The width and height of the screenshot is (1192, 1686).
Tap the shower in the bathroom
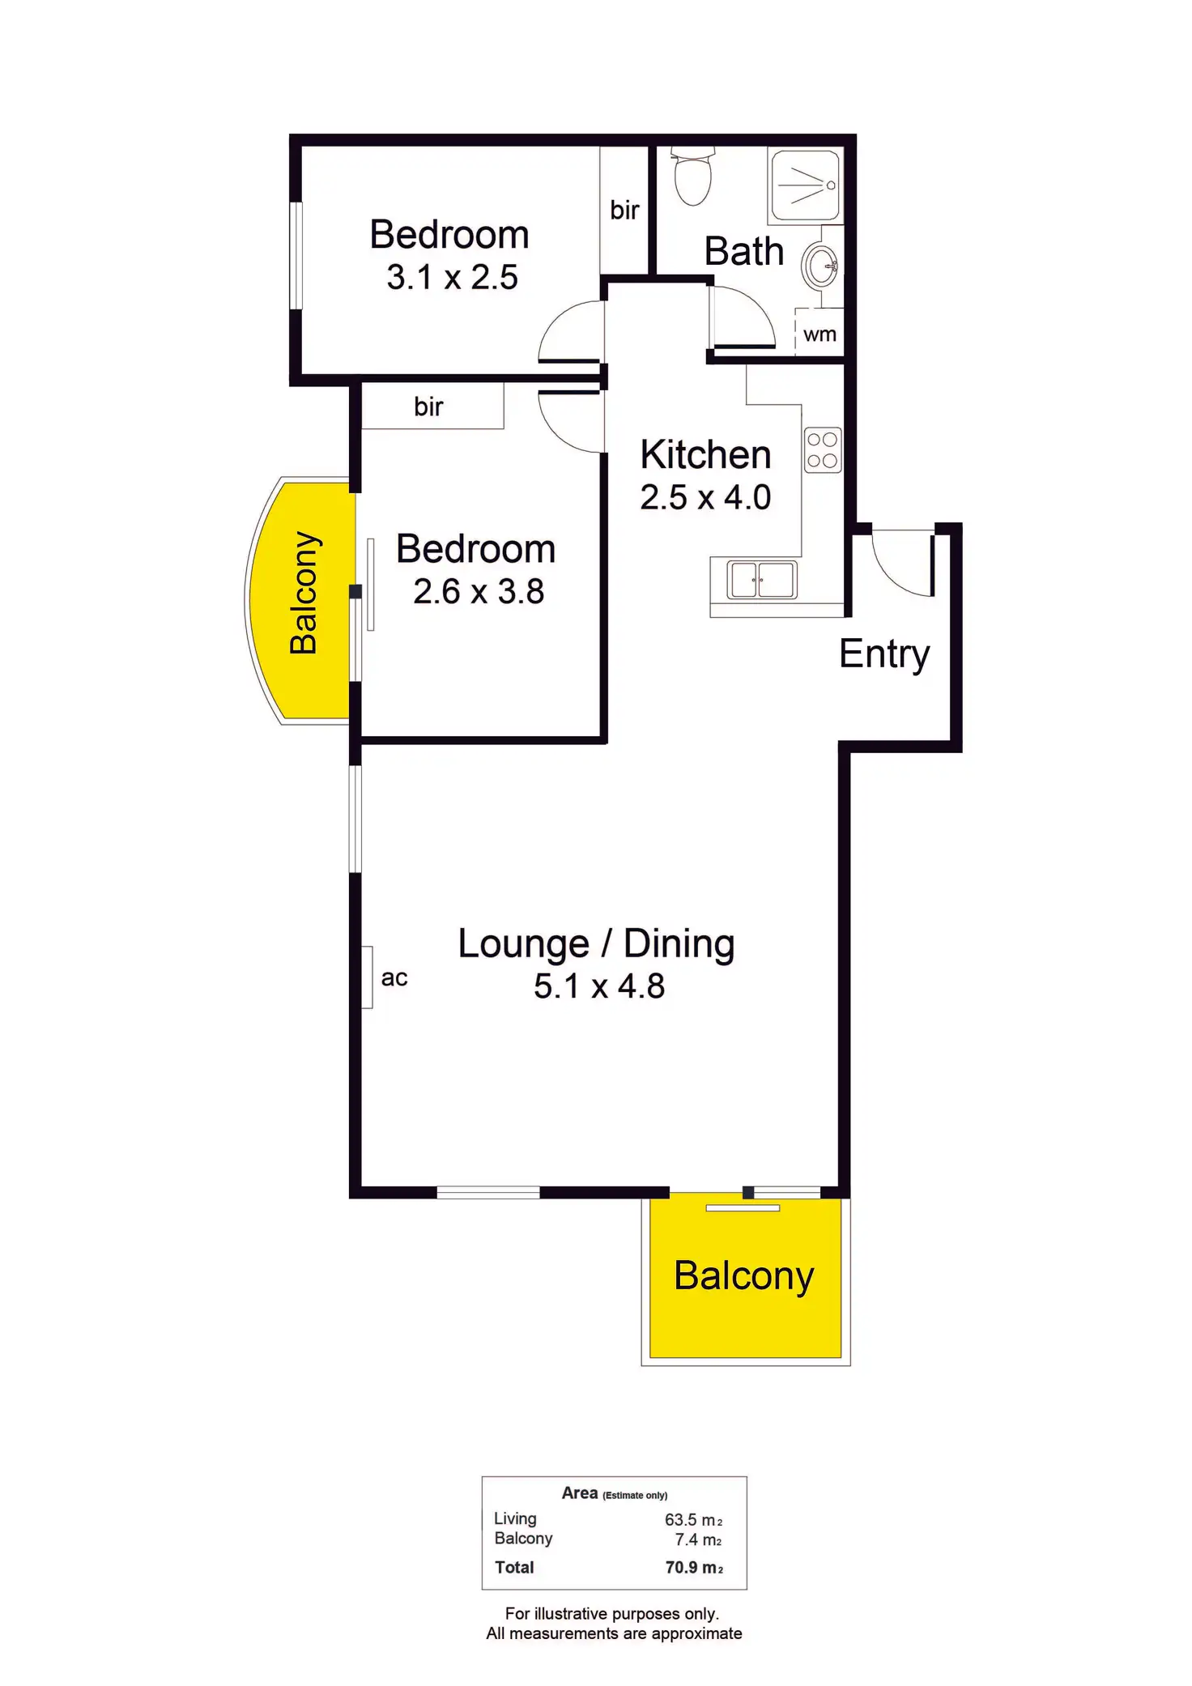[x=805, y=185]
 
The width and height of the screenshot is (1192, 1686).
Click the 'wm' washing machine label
[x=819, y=334]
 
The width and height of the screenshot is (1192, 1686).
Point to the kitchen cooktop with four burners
[x=822, y=450]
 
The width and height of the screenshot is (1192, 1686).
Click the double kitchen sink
[x=761, y=580]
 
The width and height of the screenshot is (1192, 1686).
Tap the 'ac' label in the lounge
[x=394, y=978]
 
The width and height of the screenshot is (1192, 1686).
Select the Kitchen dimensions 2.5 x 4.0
[x=705, y=497]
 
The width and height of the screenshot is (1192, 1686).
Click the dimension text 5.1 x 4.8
[x=599, y=986]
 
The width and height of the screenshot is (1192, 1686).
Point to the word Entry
[x=884, y=654]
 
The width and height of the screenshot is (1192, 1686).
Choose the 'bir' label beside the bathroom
[x=624, y=211]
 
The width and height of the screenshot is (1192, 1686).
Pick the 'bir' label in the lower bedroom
[x=428, y=407]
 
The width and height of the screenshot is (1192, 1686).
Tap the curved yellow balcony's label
[x=304, y=593]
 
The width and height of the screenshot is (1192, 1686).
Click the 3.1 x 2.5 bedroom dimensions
[x=452, y=278]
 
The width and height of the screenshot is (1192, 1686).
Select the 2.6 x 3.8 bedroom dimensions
[x=479, y=592]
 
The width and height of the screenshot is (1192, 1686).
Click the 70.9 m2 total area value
[x=694, y=1568]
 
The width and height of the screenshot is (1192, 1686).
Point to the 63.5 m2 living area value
[x=693, y=1520]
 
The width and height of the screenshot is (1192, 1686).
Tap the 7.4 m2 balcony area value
[x=698, y=1539]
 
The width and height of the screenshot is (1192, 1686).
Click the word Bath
[x=744, y=251]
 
